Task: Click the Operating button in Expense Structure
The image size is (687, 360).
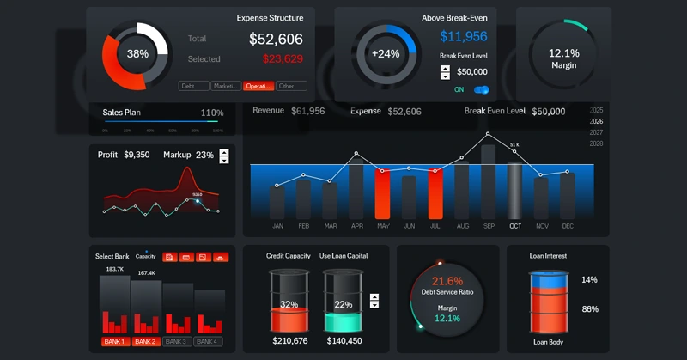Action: [x=258, y=86]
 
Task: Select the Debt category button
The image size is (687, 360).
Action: [x=193, y=86]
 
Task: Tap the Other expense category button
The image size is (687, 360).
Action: [x=291, y=86]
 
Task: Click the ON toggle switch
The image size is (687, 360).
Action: [x=481, y=89]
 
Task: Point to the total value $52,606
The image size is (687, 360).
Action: [x=276, y=39]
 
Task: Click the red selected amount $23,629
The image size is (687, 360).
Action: [x=283, y=59]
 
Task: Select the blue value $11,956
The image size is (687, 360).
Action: [x=464, y=36]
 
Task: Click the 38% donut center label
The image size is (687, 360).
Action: [x=137, y=53]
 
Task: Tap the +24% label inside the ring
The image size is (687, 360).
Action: [x=386, y=53]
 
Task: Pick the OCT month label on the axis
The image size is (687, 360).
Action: [x=514, y=226]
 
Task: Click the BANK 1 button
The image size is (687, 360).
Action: [x=115, y=341]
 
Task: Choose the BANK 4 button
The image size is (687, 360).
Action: [x=209, y=341]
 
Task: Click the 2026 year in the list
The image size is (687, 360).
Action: [x=597, y=121]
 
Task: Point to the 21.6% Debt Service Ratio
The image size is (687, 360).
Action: [x=447, y=281]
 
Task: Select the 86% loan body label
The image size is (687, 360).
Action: [x=589, y=309]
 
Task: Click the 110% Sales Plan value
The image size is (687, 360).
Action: [x=211, y=113]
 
